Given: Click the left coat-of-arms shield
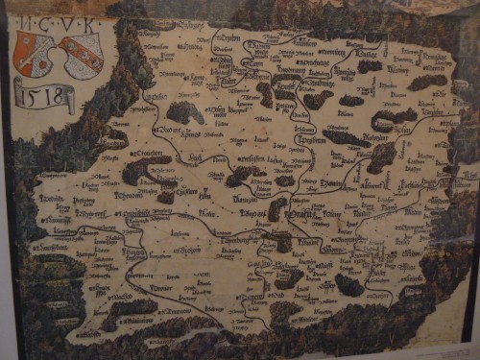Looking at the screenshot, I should click(x=36, y=54).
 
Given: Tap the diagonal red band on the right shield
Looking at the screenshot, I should click(x=81, y=53).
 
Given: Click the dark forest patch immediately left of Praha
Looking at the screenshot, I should click(x=277, y=208).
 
